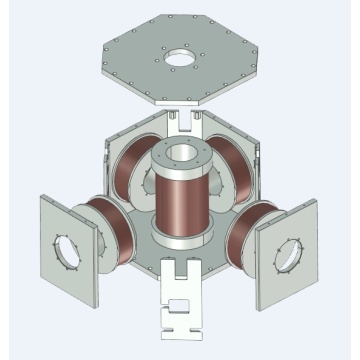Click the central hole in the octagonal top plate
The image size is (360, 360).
pyautogui.click(x=181, y=59)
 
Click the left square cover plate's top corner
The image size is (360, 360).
pyautogui.click(x=41, y=195)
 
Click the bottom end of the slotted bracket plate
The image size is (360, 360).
pyautogui.click(x=180, y=336)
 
